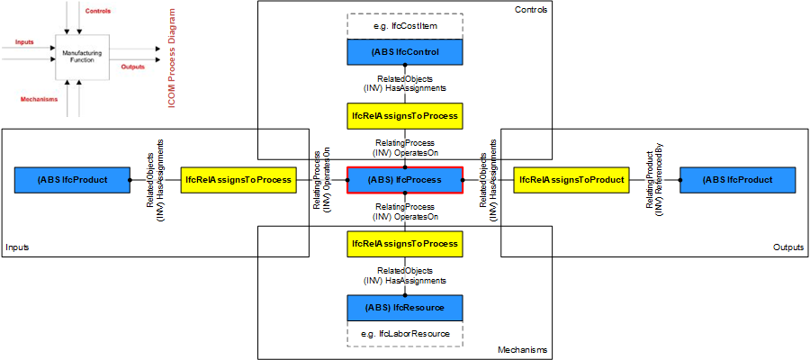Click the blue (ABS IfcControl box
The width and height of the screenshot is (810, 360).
(405, 52)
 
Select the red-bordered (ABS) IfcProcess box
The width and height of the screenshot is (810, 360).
(405, 180)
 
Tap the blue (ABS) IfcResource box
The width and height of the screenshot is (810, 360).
(405, 308)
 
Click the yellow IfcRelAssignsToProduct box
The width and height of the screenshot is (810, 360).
(571, 180)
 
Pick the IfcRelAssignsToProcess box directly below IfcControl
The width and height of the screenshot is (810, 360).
(405, 116)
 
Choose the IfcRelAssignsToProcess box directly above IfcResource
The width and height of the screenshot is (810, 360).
(405, 244)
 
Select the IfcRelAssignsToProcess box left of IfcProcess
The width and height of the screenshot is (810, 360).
(238, 180)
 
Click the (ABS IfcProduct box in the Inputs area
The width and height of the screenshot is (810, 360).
(73, 180)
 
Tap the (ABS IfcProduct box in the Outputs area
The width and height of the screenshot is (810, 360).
(737, 180)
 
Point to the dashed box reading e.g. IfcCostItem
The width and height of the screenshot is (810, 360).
(405, 28)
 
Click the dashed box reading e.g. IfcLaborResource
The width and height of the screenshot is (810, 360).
(405, 335)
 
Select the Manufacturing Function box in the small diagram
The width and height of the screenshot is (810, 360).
(82, 57)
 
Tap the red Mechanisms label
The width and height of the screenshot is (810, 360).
(39, 99)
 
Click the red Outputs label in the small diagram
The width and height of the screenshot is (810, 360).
(134, 66)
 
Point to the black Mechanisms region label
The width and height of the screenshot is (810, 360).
(521, 350)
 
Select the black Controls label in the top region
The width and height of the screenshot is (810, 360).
(530, 10)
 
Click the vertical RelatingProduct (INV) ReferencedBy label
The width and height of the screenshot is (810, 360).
(654, 180)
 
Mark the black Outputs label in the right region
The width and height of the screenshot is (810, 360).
(788, 247)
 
